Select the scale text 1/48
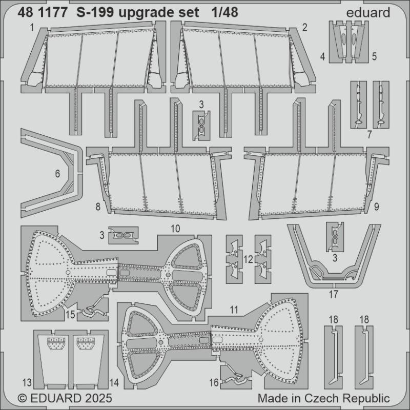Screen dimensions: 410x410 223,13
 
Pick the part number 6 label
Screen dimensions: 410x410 57,174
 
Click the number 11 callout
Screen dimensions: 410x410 234,310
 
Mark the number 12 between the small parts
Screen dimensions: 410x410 248,260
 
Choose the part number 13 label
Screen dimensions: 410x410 27,382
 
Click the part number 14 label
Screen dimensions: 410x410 114,382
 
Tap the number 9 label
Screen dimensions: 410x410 376,207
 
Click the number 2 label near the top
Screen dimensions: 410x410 304,27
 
